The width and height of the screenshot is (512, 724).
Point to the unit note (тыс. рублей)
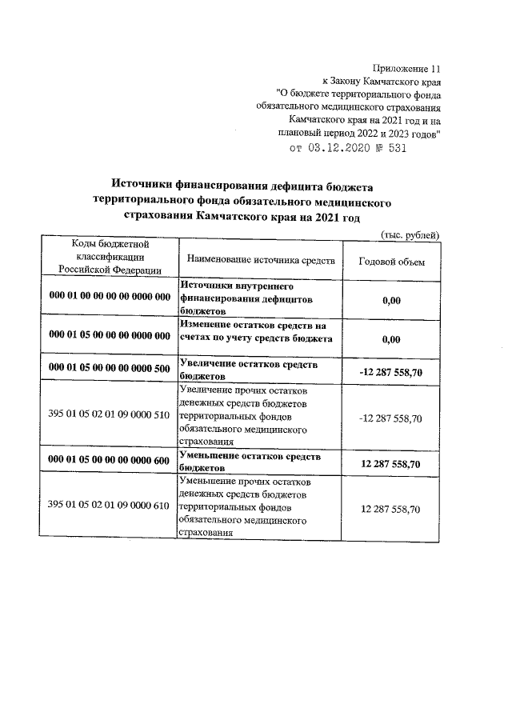tap(409, 234)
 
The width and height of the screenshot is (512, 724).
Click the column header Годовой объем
tap(392, 262)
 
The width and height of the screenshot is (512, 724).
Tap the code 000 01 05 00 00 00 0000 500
tap(110, 369)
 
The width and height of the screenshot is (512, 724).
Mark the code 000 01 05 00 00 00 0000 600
tap(110, 461)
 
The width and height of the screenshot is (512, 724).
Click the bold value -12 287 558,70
tap(391, 370)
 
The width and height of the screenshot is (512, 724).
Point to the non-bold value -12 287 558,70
tap(391, 418)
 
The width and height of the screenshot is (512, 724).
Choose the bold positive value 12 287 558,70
tap(391, 463)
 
